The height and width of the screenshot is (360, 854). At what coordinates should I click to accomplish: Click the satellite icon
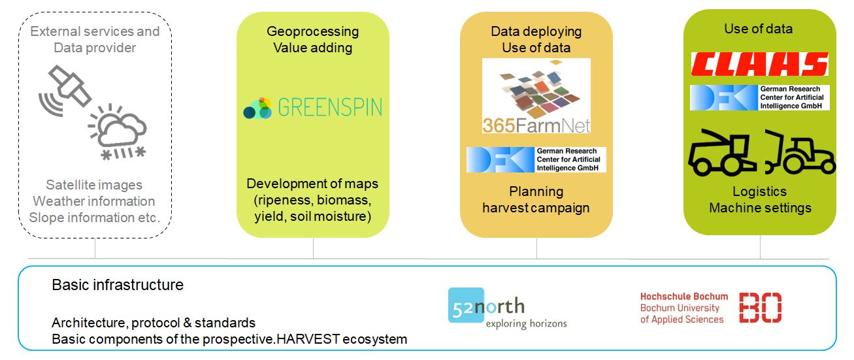pyautogui.click(x=65, y=91)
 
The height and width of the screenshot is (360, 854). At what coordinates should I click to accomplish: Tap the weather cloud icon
pyautogui.click(x=118, y=131)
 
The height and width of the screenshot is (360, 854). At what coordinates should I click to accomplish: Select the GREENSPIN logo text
pyautogui.click(x=330, y=107)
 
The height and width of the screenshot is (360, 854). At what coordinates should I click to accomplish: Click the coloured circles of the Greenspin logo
pyautogui.click(x=257, y=108)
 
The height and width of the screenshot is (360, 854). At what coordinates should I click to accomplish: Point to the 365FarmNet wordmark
pyautogui.click(x=536, y=125)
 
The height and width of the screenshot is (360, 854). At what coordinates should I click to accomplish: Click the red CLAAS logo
pyautogui.click(x=759, y=63)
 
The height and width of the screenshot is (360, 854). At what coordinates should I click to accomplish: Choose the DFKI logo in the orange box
pyautogui.click(x=536, y=160)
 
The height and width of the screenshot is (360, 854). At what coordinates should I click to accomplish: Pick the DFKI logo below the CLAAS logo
pyautogui.click(x=759, y=97)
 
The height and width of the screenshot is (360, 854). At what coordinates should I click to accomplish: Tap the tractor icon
pyautogui.click(x=800, y=152)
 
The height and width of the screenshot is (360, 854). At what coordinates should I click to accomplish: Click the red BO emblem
pyautogui.click(x=760, y=308)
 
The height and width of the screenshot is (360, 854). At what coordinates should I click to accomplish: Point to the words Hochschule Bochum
pyautogui.click(x=684, y=297)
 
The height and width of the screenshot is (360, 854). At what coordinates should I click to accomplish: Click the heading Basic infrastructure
pyautogui.click(x=118, y=285)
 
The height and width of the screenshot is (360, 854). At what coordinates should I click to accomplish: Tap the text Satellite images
pyautogui.click(x=94, y=185)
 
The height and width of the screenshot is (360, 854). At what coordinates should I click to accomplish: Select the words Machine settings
pyautogui.click(x=760, y=208)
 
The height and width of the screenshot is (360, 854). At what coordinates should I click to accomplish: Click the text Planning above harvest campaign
pyautogui.click(x=536, y=191)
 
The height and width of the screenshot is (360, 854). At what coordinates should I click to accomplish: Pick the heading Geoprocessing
pyautogui.click(x=312, y=31)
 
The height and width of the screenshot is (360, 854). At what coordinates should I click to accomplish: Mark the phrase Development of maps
pyautogui.click(x=312, y=184)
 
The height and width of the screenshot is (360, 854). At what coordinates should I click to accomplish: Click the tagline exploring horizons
pyautogui.click(x=526, y=324)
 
